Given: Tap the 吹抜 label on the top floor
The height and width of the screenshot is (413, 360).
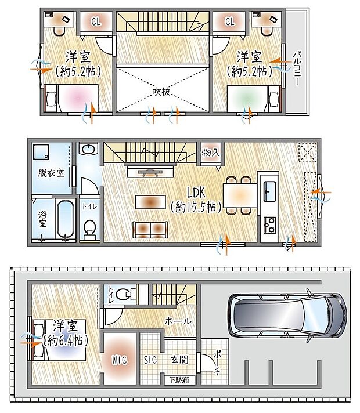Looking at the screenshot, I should point(162,92).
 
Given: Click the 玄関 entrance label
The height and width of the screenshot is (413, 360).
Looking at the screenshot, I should point(180,359).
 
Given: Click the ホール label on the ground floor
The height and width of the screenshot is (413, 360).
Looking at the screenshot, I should point(179,320).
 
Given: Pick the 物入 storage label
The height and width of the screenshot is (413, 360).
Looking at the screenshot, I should point(211,153).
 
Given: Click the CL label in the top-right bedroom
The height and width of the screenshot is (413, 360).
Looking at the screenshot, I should point(230,22).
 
